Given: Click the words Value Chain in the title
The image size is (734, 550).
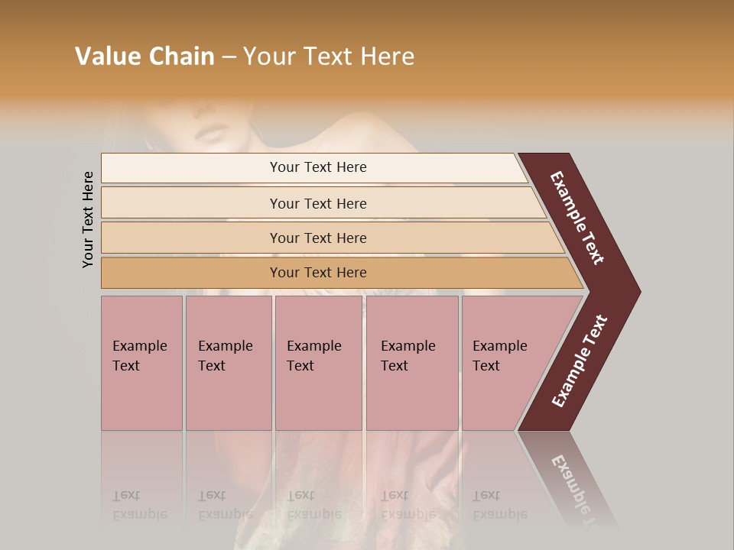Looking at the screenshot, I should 145,57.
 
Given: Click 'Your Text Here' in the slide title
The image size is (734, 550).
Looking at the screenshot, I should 329,57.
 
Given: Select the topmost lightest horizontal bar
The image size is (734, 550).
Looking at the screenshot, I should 191,168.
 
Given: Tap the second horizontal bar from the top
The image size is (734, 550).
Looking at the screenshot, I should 191,203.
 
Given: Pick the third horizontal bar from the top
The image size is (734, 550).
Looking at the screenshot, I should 191,238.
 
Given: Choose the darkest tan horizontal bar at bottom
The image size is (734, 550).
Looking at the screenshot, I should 191,273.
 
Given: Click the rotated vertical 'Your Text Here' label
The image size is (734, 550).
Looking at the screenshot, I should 88,219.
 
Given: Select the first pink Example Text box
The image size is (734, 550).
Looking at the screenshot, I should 141,363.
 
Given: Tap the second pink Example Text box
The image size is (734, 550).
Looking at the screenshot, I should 228,363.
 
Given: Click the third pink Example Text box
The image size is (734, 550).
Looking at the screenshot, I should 318,363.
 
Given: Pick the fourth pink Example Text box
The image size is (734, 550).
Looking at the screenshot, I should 411,363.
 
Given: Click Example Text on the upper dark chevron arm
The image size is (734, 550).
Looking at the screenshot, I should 578,218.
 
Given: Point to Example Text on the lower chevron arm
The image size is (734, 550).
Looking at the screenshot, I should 580,361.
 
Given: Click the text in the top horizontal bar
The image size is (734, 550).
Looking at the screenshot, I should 318,167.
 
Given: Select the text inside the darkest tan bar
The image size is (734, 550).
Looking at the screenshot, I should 318,273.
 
